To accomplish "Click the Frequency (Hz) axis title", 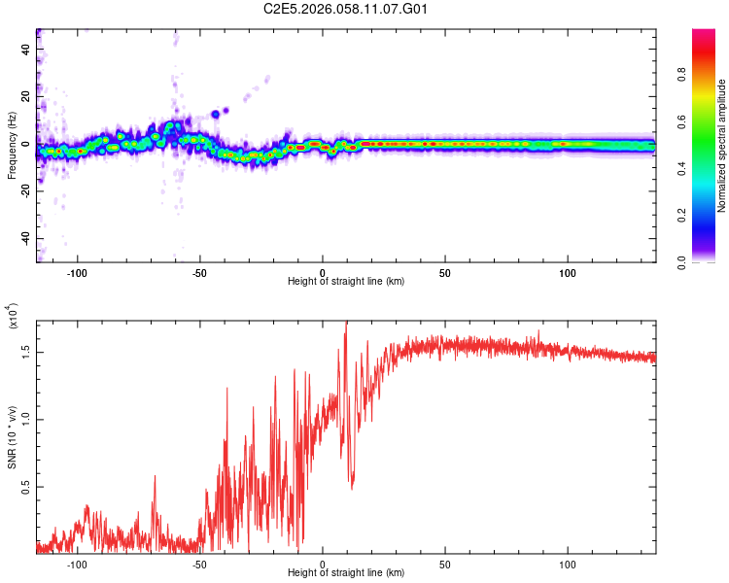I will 12,145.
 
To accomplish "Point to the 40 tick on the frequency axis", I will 24,50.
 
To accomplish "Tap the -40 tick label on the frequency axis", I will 22,238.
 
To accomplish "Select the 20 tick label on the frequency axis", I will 24,97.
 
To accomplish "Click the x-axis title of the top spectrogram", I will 346,282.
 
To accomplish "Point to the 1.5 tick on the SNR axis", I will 24,352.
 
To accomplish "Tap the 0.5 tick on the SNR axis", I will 24,487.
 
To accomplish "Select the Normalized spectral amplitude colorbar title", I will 721,146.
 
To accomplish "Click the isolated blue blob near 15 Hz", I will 215,115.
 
